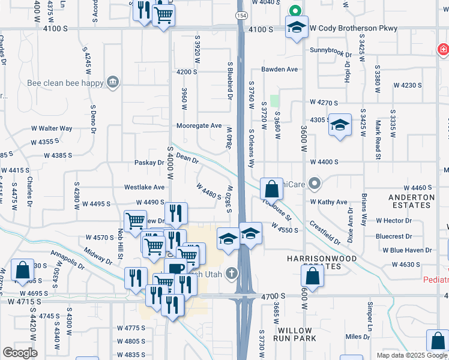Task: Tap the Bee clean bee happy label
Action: coord(65,83)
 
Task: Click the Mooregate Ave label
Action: coord(199,126)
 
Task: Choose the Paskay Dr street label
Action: coord(149,163)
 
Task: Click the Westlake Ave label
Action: coord(144,187)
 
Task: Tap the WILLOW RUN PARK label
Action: coord(295,334)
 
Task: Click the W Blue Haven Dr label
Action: coord(403,250)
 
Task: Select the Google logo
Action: coord(20,353)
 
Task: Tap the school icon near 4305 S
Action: coord(340,124)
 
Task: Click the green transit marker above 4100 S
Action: coord(295,10)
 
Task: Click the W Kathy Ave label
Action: coord(328,202)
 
